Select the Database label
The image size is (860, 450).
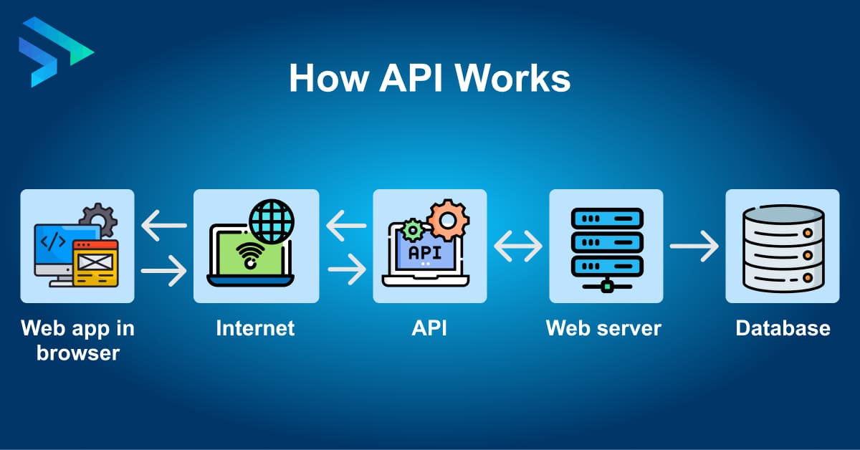pos(783,328)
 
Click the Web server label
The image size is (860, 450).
pos(603,328)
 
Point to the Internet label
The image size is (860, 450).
pos(255,328)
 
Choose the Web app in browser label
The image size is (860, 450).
pos(77,340)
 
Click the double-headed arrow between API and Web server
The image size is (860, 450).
pos(518,247)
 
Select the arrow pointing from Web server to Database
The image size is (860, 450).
pos(694,246)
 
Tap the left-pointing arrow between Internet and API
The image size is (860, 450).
pos(346,229)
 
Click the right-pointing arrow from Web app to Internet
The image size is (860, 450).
pos(164,271)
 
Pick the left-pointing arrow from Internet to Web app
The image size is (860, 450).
pos(164,226)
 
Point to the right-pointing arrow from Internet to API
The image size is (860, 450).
pos(346,270)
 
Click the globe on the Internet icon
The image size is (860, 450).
pos(272,221)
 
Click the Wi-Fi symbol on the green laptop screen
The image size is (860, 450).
pos(250,255)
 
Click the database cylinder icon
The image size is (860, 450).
pos(783,247)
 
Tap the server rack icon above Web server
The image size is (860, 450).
pos(606,247)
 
